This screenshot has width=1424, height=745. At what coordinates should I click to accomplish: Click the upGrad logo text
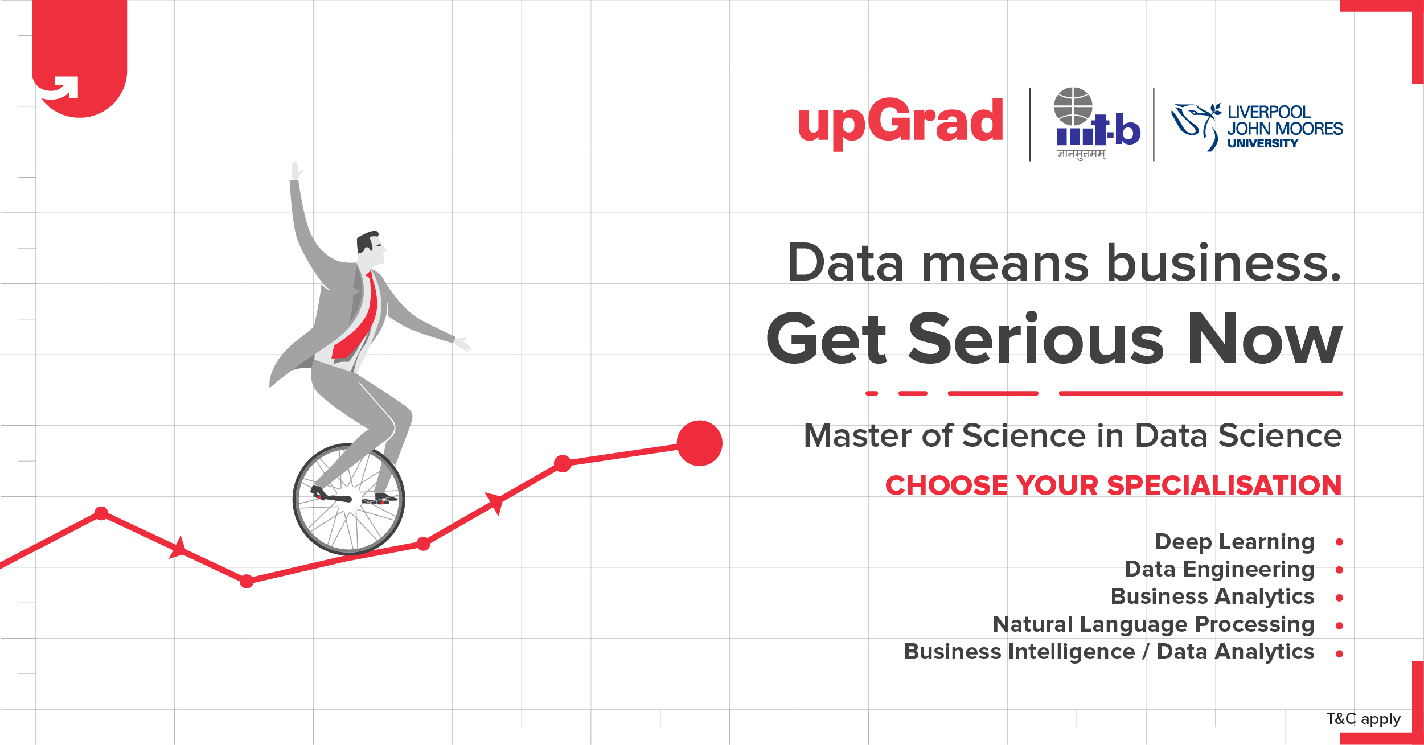tap(900, 124)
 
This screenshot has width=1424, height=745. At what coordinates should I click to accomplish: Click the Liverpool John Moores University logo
tap(1257, 127)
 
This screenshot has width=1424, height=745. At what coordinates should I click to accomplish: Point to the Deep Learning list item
tap(1234, 542)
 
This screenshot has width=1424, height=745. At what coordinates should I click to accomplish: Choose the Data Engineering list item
tap(1220, 569)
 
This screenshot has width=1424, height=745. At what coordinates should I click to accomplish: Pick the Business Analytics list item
tap(1212, 596)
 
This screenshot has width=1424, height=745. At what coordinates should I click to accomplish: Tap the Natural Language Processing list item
tap(1154, 624)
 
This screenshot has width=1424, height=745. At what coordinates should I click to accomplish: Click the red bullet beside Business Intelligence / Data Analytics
tap(1339, 654)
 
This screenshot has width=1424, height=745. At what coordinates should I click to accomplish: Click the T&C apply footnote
tap(1363, 719)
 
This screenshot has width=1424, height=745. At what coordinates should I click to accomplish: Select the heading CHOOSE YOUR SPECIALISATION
tap(1113, 485)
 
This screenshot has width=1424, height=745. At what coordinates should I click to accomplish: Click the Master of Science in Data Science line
tap(1072, 436)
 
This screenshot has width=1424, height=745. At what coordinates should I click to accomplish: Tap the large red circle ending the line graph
tap(699, 443)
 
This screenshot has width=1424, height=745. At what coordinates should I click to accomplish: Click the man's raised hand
tap(296, 171)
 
